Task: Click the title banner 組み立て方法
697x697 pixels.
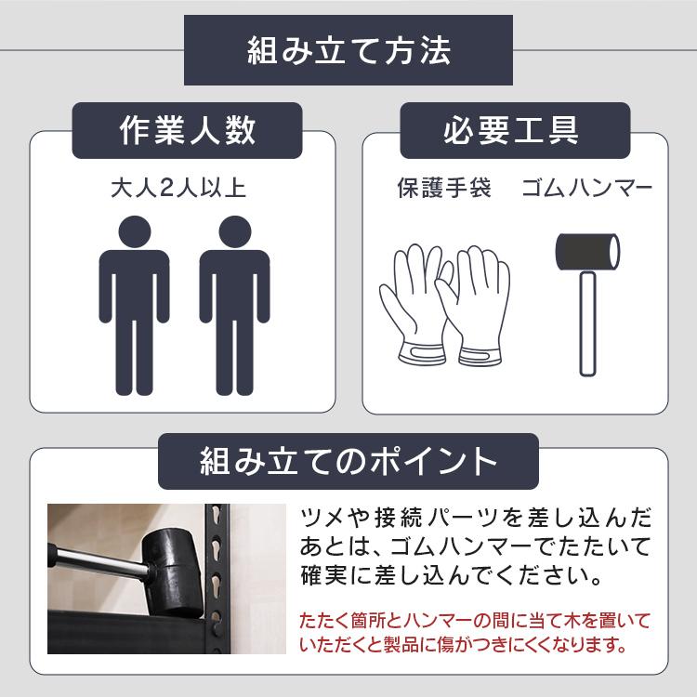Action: tap(348, 51)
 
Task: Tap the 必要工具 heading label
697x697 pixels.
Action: tap(510, 130)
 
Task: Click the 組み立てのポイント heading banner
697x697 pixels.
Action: tap(348, 459)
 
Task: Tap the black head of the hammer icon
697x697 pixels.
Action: tap(587, 251)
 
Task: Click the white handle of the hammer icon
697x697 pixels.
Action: tap(586, 321)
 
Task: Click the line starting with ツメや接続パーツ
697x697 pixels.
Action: tap(476, 517)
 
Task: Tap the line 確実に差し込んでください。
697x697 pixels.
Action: tap(449, 576)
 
